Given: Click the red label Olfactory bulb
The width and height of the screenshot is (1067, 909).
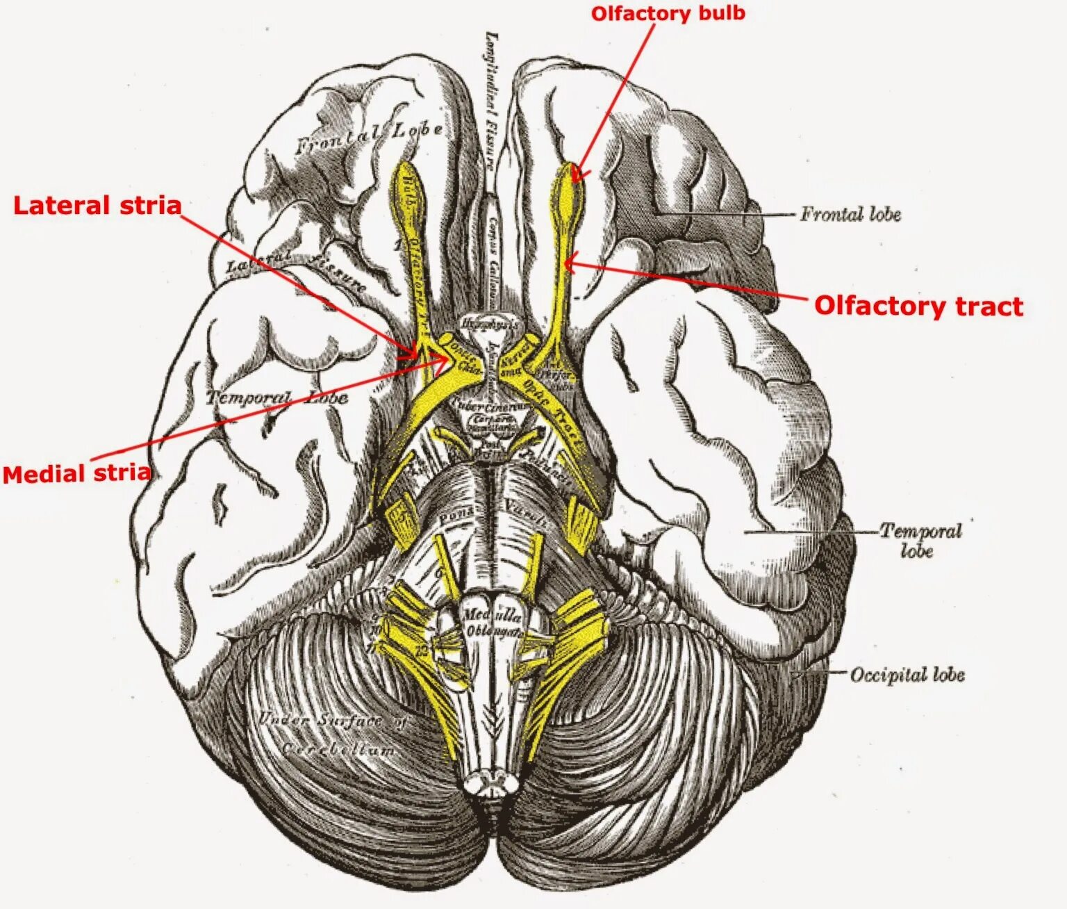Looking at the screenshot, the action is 668,13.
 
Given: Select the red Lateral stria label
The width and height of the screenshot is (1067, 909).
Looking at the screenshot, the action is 97,206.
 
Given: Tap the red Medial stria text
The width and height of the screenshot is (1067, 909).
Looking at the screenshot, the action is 76,474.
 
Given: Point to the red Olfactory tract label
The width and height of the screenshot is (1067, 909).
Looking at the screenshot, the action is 918,306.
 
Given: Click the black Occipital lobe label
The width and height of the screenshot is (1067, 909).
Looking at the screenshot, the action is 907,675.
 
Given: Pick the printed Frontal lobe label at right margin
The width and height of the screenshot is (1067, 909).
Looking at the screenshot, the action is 850,214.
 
